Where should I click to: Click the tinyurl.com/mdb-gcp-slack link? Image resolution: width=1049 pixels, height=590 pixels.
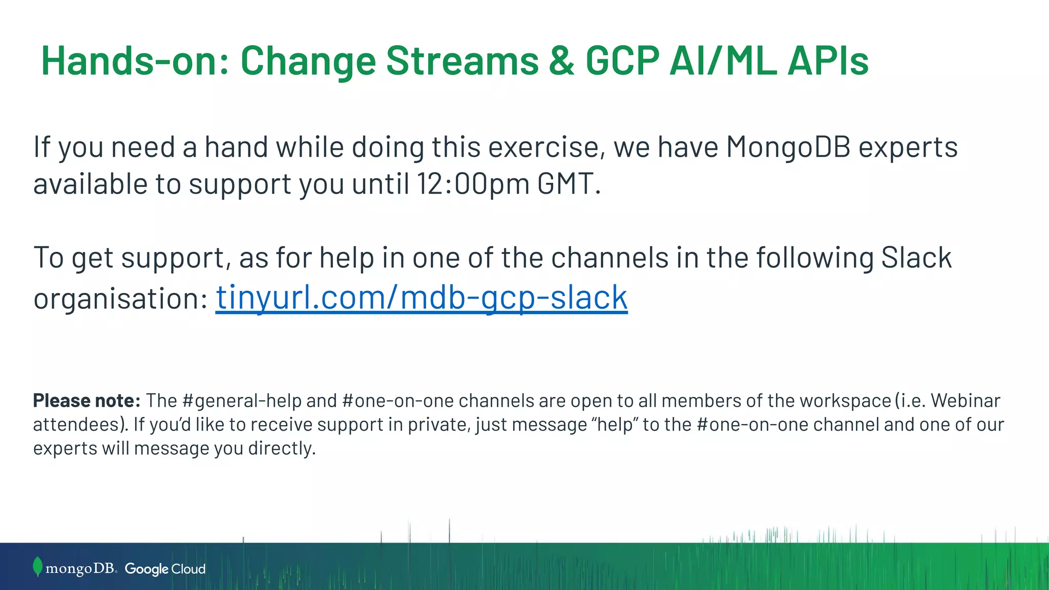pos(421,298)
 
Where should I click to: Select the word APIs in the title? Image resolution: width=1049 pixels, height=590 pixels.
pos(828,61)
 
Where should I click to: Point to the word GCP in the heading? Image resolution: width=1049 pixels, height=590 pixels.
pos(622,61)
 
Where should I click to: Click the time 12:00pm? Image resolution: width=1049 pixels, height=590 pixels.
pos(473,183)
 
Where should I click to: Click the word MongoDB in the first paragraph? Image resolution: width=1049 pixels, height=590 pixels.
pos(788,147)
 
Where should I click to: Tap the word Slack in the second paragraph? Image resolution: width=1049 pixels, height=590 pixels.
pos(916,257)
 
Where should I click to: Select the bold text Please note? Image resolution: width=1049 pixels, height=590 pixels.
pos(87,401)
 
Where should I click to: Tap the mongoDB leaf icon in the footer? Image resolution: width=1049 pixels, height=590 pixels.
pos(37,566)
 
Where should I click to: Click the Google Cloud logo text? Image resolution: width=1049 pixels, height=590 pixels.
pos(165,569)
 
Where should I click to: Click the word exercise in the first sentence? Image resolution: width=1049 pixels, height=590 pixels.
pos(543,147)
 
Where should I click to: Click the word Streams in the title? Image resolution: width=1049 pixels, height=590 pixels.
pos(462,61)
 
